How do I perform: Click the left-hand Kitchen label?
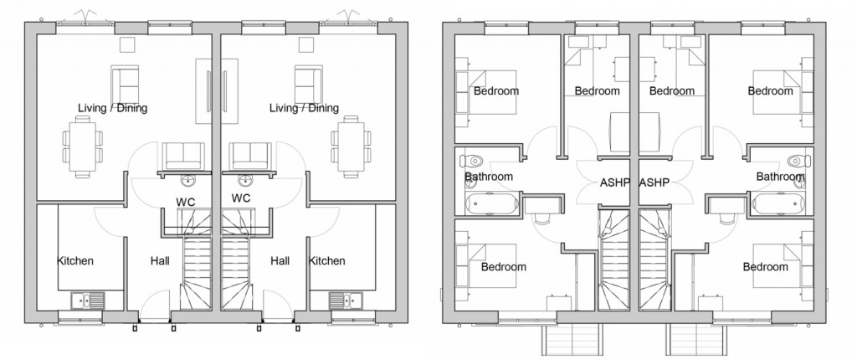pos(75,261)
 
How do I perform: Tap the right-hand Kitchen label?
pos(326,261)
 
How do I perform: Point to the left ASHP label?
pos(614,182)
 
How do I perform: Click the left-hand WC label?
pos(186,199)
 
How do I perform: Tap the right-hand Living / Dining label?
pos(304,108)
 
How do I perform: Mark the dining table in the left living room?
pos(81,147)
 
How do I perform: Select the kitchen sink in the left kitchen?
pos(88,300)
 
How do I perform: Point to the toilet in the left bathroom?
pos(475,159)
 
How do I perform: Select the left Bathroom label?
pos(488,177)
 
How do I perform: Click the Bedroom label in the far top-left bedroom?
pos(495,90)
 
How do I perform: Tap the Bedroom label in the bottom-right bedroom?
pos(765,267)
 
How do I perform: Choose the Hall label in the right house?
pos(280,261)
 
